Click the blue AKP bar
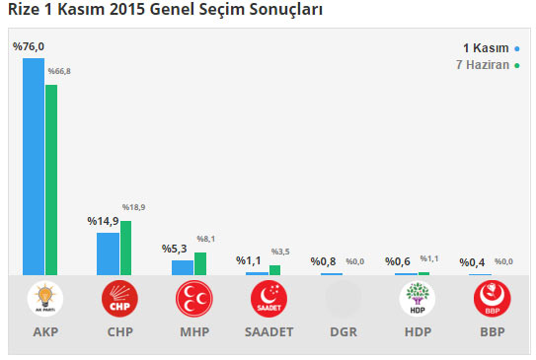click(34, 166)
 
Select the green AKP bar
click(51, 180)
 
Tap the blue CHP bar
click(108, 253)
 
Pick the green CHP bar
click(125, 248)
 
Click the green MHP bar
click(200, 263)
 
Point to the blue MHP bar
click(183, 267)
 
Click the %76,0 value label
click(29, 45)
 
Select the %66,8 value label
click(61, 71)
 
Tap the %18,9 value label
click(132, 207)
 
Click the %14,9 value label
click(103, 221)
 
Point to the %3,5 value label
click(281, 252)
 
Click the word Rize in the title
click(23, 10)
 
